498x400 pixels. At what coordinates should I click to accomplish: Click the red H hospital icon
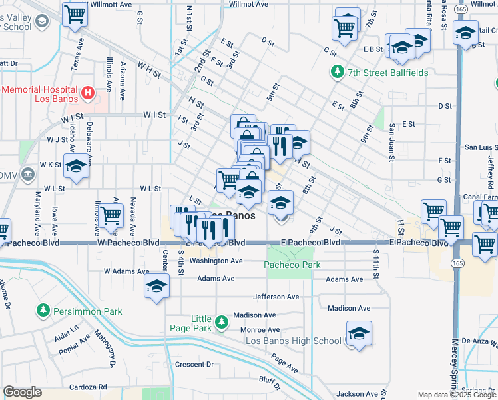click(x=87, y=92)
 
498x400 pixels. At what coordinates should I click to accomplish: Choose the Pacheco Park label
click(x=292, y=265)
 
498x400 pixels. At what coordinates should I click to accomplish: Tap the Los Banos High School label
click(x=293, y=341)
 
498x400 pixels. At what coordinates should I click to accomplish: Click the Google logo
click(x=23, y=392)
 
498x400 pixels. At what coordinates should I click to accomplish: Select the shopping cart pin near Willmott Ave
click(x=75, y=15)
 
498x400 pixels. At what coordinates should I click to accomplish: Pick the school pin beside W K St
click(x=77, y=168)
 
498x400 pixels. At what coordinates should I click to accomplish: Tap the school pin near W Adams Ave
click(x=156, y=287)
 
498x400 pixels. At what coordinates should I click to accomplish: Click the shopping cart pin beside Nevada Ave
click(x=111, y=216)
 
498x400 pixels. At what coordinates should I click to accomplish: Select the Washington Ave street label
click(x=216, y=261)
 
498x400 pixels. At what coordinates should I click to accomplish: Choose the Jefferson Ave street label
click(x=276, y=297)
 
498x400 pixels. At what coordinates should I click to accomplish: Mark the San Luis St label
click(x=479, y=147)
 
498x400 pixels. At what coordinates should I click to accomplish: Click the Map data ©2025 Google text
click(x=457, y=395)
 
